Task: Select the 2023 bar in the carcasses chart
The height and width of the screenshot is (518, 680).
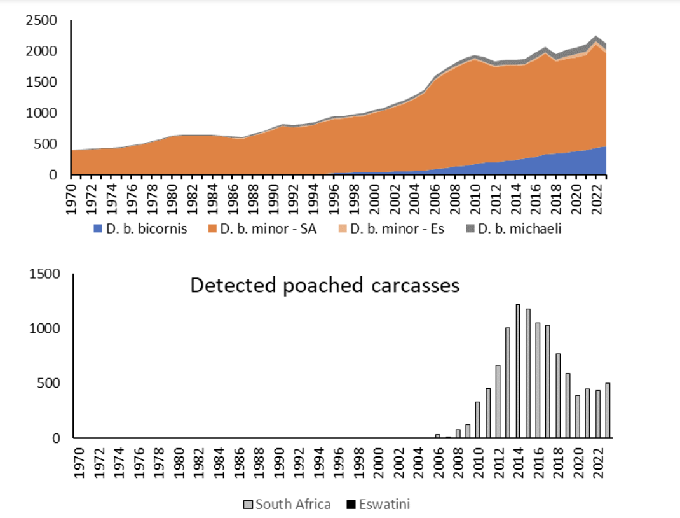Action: click(608, 410)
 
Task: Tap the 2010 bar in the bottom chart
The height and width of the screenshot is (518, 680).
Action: click(478, 420)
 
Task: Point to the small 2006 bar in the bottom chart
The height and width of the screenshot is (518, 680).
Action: click(438, 436)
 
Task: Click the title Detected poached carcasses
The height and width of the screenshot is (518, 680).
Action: click(325, 286)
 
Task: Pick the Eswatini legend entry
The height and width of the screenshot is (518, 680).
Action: click(379, 505)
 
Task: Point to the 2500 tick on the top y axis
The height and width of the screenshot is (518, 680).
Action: click(42, 22)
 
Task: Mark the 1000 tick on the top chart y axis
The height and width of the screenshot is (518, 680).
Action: click(42, 113)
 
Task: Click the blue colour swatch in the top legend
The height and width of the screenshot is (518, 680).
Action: click(97, 229)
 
